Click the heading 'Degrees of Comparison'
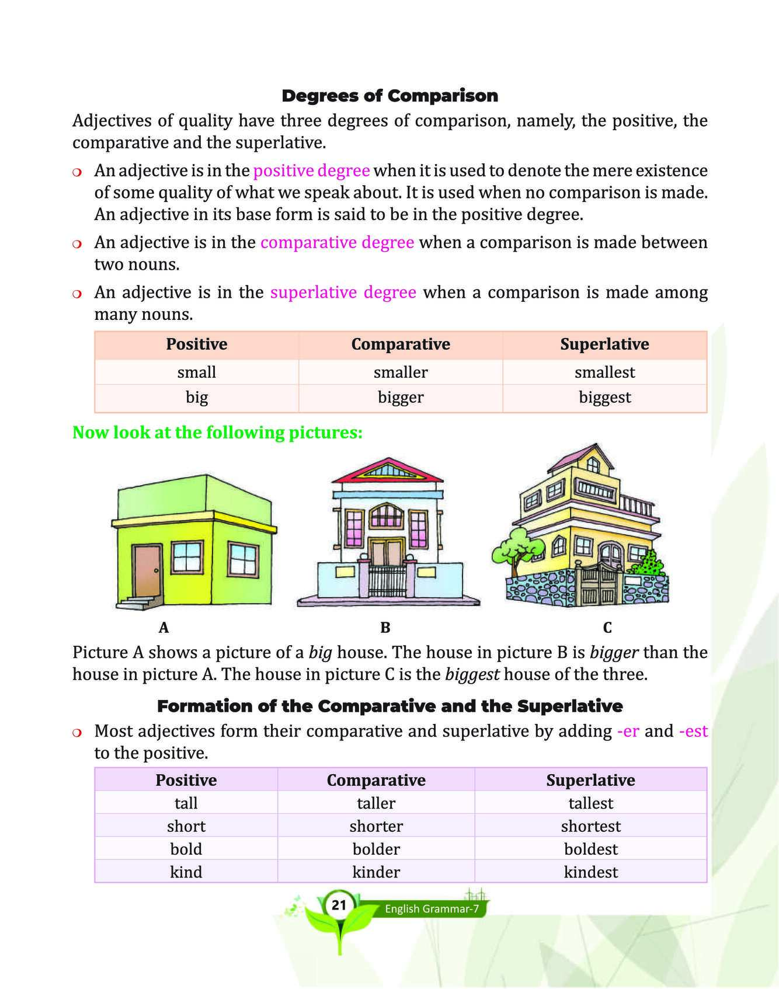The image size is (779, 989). pos(389,96)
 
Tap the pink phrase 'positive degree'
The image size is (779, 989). pos(311,170)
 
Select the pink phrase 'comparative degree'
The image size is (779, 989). pos(337,242)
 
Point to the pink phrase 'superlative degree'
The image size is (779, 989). pos(343,292)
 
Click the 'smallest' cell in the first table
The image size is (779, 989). pos(604,372)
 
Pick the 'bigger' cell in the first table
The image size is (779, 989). pos(401,398)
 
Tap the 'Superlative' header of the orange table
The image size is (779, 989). pos(604,344)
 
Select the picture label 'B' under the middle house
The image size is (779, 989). pos(385,628)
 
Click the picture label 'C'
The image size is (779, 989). pos(607,628)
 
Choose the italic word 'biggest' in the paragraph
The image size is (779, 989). pos(472,675)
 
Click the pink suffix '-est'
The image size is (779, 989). pos(694,731)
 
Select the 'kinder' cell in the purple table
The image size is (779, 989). pos(376,872)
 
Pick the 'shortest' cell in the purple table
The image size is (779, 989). pos(590,826)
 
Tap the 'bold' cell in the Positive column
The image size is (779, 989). pos(186,849)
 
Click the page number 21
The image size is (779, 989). pos(339,906)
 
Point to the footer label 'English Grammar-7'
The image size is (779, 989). pos(432,909)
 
